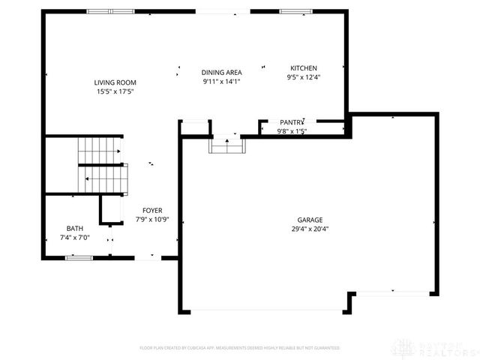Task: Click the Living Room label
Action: pyautogui.click(x=115, y=82)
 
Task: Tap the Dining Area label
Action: pyautogui.click(x=221, y=72)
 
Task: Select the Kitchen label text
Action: pyautogui.click(x=304, y=68)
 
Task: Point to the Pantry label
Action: pyautogui.click(x=291, y=122)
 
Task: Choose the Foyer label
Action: pyautogui.click(x=152, y=211)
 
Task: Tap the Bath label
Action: pyautogui.click(x=74, y=229)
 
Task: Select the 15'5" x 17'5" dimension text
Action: pyautogui.click(x=115, y=91)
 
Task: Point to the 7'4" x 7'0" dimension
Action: pyautogui.click(x=74, y=238)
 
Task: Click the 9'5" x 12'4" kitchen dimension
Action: pyautogui.click(x=304, y=77)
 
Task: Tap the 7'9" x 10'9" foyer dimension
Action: pyautogui.click(x=152, y=220)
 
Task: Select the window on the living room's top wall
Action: pyautogui.click(x=110, y=11)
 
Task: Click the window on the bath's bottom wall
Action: pyautogui.click(x=78, y=258)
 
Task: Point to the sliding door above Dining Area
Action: pyautogui.click(x=223, y=11)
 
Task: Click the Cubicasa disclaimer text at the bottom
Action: pyautogui.click(x=239, y=348)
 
